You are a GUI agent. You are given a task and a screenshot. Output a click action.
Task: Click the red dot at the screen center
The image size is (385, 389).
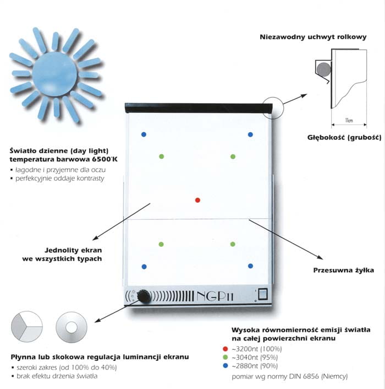pyautogui.click(x=198, y=199)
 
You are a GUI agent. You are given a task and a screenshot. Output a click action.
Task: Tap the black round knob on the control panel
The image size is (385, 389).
pyautogui.click(x=144, y=296)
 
